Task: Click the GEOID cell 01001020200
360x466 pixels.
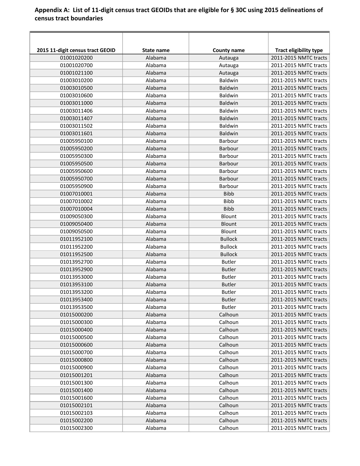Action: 76,58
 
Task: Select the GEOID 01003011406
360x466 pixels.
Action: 76,111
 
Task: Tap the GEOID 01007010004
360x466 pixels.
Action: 76,209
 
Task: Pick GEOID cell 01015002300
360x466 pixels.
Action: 76,428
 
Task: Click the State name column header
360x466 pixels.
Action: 156,50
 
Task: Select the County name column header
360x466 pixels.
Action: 229,50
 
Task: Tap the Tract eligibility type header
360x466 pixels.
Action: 299,50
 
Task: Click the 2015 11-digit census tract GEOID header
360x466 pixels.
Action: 76,50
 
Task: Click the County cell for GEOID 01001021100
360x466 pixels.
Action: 229,73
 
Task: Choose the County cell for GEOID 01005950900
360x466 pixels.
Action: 229,186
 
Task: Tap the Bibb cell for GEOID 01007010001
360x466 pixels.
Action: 229,194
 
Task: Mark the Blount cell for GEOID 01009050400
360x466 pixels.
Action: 229,224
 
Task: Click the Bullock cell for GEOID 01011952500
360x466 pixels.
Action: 229,254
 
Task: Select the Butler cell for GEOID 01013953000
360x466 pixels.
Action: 229,277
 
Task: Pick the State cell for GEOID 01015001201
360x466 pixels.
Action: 156,375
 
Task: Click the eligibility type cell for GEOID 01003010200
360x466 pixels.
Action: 299,80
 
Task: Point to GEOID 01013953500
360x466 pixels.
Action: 76,307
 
